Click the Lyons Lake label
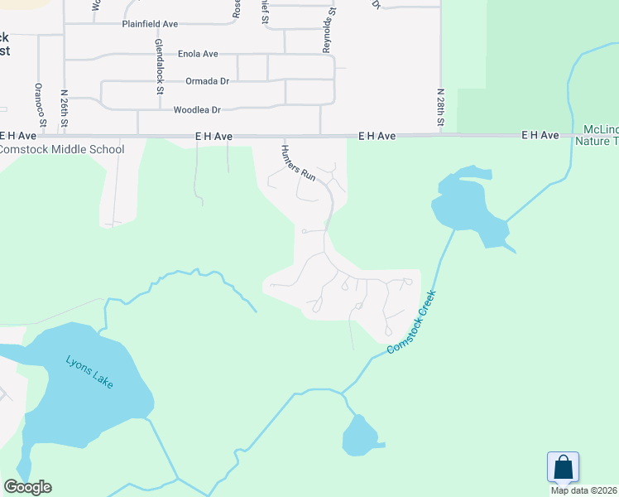pos(90,372)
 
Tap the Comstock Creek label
pos(411,323)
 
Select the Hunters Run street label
pos(298,163)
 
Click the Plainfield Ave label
pos(150,24)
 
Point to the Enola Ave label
pos(198,54)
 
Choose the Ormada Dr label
pos(207,81)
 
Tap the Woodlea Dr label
pos(197,109)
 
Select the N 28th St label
pos(441,109)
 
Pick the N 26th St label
pos(65,109)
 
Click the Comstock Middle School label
pos(62,150)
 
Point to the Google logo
pos(27,487)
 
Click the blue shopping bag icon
pos(563,467)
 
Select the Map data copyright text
pos(584,490)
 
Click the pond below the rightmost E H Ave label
pos(468,207)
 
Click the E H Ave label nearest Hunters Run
pos(214,135)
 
